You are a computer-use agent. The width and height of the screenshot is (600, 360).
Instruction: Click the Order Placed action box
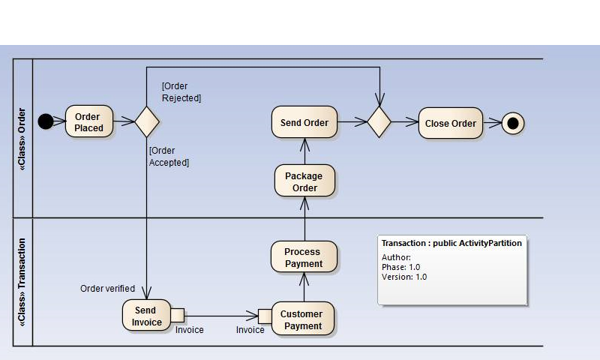click(88, 122)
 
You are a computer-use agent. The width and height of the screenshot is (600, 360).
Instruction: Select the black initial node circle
click(46, 121)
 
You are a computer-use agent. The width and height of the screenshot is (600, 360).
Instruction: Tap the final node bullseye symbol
click(513, 123)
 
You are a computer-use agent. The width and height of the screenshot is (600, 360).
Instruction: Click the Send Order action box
click(304, 122)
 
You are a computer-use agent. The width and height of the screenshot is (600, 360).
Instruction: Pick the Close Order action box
click(450, 123)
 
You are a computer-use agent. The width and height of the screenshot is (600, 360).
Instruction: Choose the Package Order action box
click(304, 181)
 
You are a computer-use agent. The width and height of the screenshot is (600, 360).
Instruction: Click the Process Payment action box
click(303, 257)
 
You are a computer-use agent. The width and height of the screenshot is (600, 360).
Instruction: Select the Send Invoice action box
click(145, 316)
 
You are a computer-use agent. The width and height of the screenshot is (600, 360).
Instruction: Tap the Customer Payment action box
click(303, 319)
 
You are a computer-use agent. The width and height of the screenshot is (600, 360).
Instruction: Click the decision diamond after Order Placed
click(146, 121)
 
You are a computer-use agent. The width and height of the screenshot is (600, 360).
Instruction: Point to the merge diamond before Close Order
click(379, 122)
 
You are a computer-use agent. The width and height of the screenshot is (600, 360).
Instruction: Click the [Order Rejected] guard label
click(181, 92)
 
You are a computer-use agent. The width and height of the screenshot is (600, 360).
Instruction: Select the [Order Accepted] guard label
click(169, 156)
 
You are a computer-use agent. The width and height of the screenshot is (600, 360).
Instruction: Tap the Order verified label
click(107, 289)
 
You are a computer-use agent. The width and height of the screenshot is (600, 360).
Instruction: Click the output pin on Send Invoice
click(177, 315)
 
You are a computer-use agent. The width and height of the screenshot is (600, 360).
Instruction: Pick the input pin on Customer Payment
click(265, 315)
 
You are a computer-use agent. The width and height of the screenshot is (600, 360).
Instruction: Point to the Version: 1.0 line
click(404, 277)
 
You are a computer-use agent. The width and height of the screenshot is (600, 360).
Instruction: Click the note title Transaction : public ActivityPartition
click(451, 243)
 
